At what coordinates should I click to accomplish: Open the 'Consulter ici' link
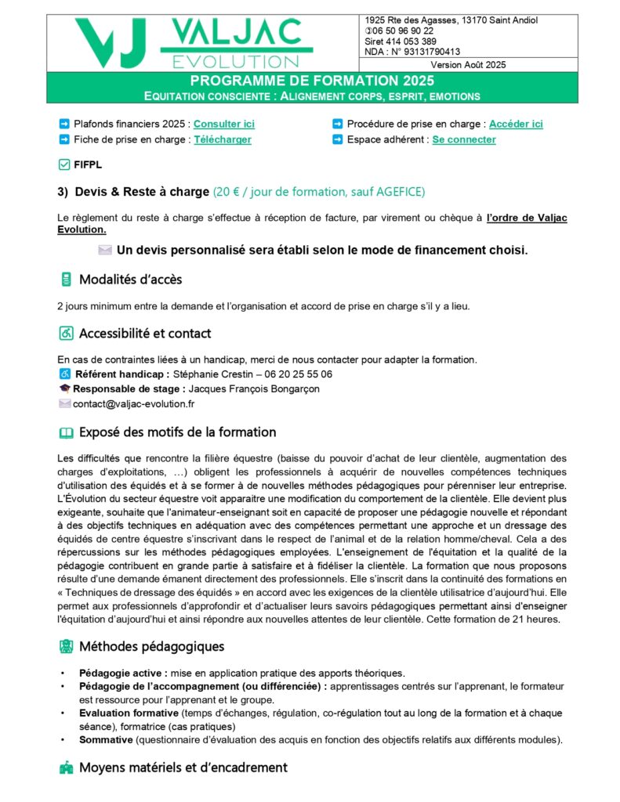[223, 124]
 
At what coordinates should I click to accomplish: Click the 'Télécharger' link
[223, 139]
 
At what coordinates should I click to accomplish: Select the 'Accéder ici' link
[516, 124]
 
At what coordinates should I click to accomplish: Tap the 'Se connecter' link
[464, 139]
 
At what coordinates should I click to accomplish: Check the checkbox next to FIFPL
[64, 164]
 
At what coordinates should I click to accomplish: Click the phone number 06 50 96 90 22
[404, 31]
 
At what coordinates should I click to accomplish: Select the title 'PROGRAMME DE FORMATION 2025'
[312, 81]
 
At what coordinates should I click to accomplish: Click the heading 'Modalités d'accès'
[130, 280]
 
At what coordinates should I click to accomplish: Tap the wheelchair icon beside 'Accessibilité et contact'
[67, 333]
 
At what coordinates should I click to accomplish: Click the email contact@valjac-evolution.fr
[133, 404]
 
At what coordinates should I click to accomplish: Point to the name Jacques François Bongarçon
[255, 388]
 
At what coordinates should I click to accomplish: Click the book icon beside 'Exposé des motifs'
[67, 432]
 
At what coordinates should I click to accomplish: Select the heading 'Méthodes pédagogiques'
[151, 646]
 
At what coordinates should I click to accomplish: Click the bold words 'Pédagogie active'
[123, 673]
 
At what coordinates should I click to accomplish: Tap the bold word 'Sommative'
[106, 739]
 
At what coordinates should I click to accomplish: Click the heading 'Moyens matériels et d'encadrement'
[183, 768]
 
